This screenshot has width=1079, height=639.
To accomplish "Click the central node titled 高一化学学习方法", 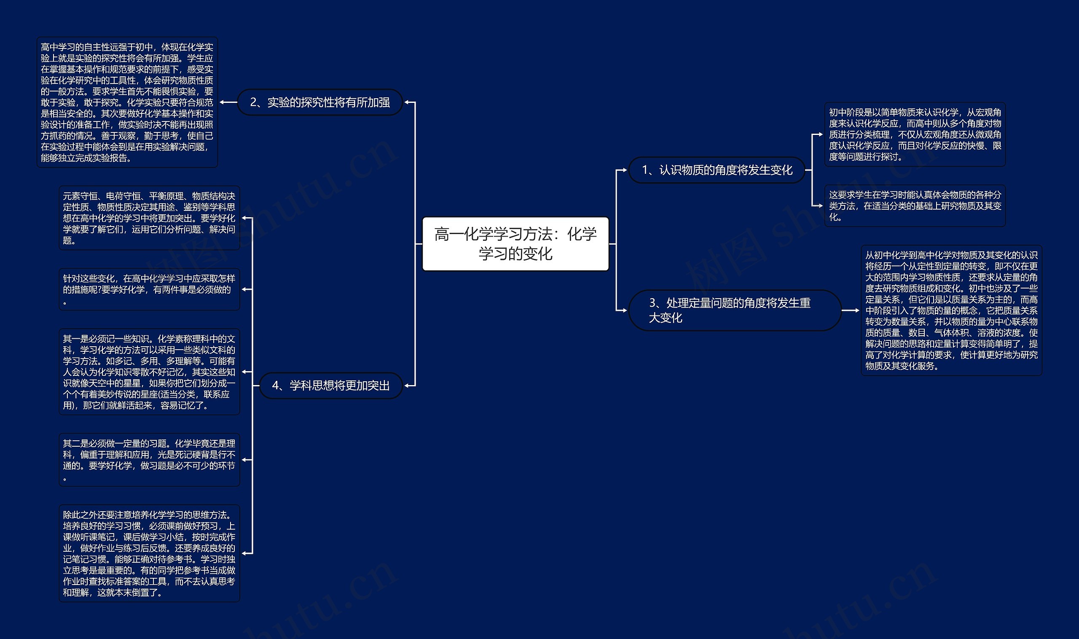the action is point(515,244).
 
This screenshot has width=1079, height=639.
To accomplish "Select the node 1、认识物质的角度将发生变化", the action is point(717,170).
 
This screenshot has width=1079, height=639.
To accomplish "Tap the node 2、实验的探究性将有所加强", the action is point(319,102).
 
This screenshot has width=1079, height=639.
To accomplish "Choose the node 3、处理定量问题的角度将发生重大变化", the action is point(734,310).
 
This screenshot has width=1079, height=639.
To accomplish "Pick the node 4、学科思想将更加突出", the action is point(331,386).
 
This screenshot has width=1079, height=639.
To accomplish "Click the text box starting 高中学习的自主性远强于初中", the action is point(127,102).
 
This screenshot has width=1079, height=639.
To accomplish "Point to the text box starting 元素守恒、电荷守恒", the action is point(149,218).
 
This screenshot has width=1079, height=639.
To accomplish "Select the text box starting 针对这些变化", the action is point(149,289).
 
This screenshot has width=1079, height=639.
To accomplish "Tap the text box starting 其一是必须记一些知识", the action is point(149,372).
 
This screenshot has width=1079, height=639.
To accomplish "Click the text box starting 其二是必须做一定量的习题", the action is point(149,460).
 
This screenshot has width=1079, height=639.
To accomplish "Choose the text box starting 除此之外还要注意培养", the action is point(149,553).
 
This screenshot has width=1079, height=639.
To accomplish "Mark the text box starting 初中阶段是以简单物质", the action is point(915,135).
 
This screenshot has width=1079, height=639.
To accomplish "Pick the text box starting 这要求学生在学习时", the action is point(915,206).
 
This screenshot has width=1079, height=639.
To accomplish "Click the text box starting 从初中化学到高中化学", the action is point(951,310).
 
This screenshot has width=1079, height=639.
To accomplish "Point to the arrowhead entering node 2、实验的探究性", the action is point(407,102).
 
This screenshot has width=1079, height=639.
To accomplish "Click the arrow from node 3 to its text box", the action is point(851,310).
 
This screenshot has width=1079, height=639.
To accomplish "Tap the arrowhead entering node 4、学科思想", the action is point(407,386).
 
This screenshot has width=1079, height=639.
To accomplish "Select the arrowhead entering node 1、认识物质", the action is point(624,170).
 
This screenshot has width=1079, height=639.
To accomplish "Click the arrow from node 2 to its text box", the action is point(228,102).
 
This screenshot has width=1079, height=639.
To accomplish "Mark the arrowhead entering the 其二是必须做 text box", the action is point(244,460).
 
